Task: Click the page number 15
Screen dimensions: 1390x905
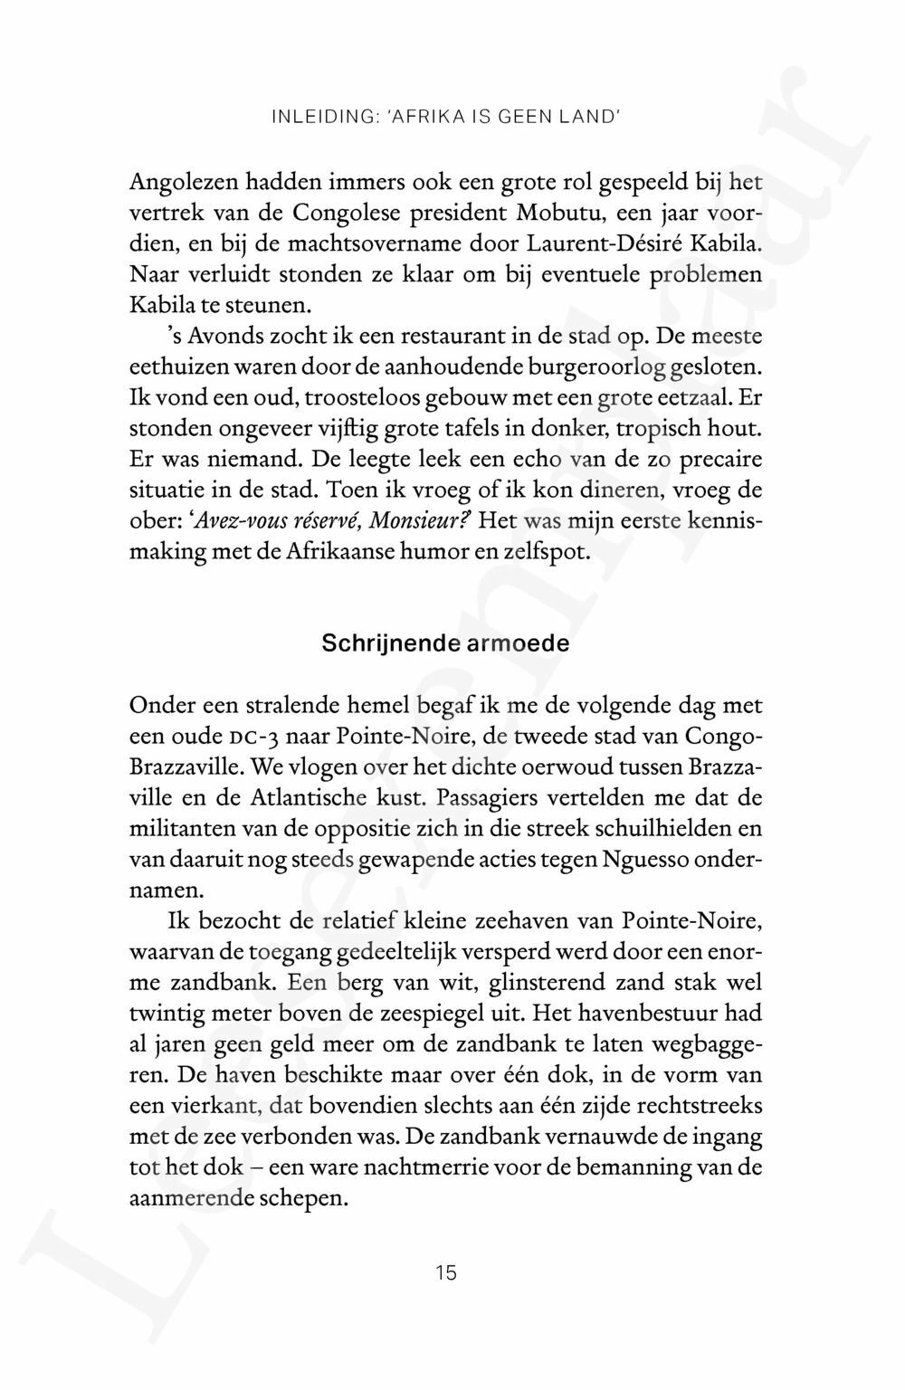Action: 446,1272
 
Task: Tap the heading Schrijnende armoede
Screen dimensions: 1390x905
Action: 446,644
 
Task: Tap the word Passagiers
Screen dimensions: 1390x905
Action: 488,798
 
